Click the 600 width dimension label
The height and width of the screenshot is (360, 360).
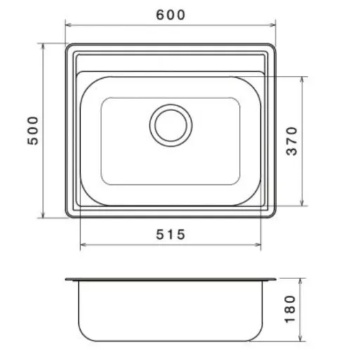[x=171, y=15]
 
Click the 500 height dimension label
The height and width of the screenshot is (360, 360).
[x=32, y=131]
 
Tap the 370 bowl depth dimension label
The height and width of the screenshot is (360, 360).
[x=292, y=141]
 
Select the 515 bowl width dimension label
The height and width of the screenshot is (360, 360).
[x=171, y=234]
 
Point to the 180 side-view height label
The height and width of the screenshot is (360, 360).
[x=290, y=309]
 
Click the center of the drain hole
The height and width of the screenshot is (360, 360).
[x=171, y=125]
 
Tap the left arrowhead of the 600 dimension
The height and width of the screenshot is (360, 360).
[x=68, y=25]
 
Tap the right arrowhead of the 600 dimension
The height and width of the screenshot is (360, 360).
[x=273, y=25]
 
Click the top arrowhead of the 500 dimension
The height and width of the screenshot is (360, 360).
[x=43, y=46]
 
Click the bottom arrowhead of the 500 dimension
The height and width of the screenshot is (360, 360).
[x=43, y=215]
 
